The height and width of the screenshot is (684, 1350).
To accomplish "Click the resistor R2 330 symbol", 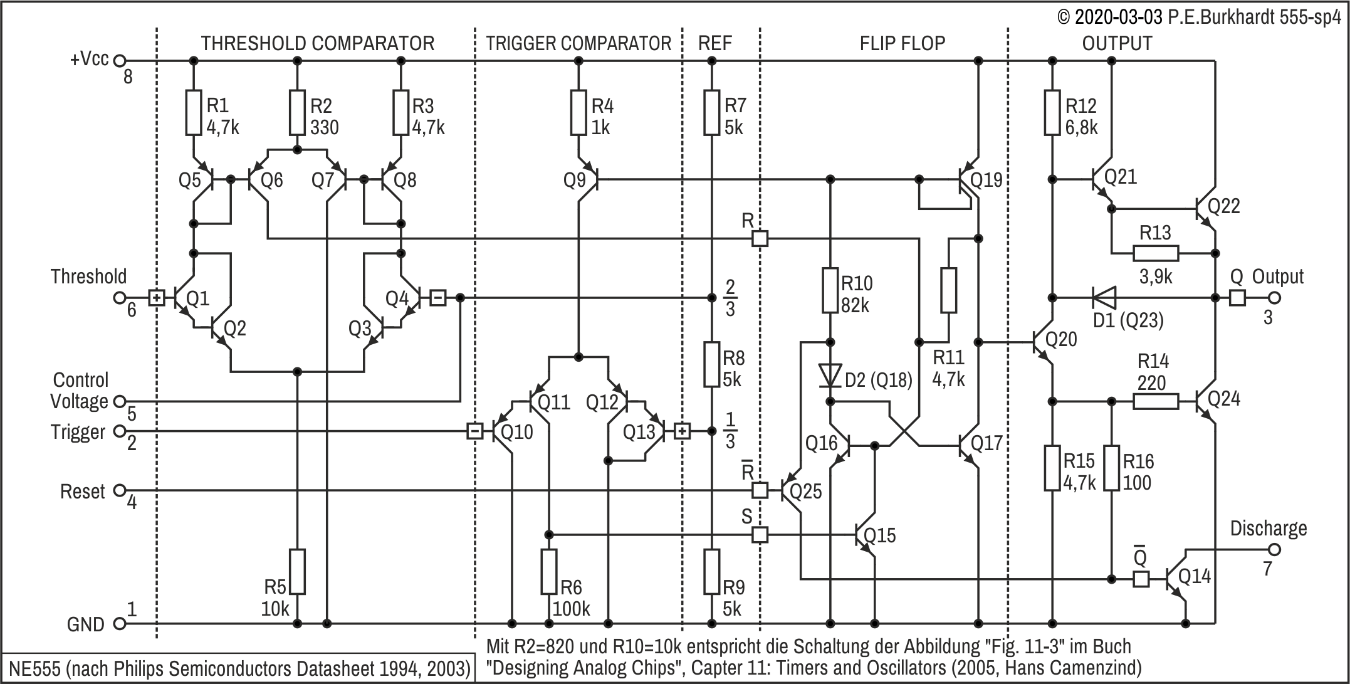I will click(x=297, y=113).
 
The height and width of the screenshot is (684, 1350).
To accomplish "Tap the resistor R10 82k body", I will click(x=830, y=290).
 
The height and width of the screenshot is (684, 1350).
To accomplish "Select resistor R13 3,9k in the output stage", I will click(x=1156, y=253).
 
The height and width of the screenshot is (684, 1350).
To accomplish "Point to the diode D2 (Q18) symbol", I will click(x=830, y=376).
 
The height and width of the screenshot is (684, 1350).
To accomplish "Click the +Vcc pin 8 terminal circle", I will click(x=120, y=61).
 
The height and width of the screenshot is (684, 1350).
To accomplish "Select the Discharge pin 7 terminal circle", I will click(x=1274, y=550).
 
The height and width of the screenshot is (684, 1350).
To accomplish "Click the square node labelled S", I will click(x=760, y=535).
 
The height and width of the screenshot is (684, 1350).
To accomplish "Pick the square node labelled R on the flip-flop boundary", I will click(x=760, y=238).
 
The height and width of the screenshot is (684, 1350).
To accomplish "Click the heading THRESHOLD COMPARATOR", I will click(x=317, y=43).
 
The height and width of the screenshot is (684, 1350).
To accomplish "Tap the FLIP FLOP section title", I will click(x=903, y=43).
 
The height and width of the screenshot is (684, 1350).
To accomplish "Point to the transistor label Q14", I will click(x=1195, y=576).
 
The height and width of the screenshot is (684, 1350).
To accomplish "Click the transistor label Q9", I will click(x=575, y=181).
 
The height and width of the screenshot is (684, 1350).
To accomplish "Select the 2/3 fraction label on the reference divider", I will click(x=730, y=298).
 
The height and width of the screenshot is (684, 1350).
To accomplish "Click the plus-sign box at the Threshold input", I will click(x=157, y=297).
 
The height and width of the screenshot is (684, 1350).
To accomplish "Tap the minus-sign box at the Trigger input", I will click(x=475, y=431).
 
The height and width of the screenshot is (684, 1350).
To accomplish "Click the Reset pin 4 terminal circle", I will click(x=120, y=490).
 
